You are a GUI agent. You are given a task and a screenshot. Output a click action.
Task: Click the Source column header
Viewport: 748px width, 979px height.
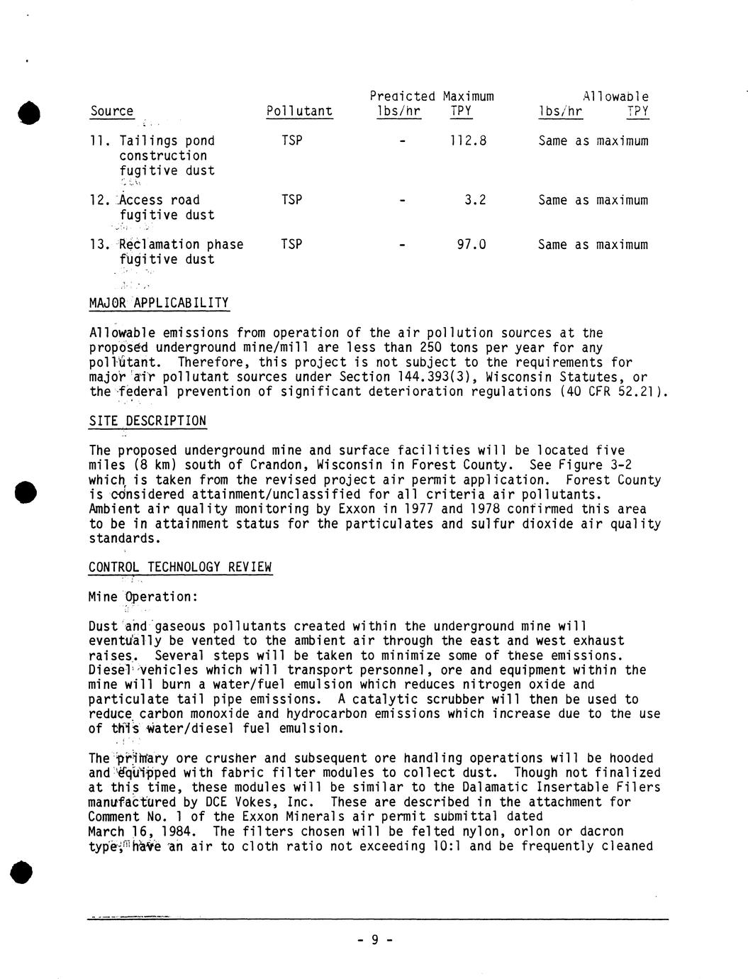click(112, 111)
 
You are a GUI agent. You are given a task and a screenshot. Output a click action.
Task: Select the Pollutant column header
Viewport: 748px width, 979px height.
click(299, 111)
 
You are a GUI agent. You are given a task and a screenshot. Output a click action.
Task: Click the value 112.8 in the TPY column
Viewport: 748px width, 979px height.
click(468, 141)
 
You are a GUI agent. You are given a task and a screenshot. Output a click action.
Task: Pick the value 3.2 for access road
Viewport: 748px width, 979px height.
click(475, 200)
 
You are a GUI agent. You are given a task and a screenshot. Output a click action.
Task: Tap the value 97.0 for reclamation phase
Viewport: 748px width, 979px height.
click(471, 245)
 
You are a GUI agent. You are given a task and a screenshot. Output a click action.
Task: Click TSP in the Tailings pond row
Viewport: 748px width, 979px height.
click(291, 141)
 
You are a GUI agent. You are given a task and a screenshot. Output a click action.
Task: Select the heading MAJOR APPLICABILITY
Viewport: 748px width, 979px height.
click(159, 304)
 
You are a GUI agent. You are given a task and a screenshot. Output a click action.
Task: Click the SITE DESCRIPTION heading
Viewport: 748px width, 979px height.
click(147, 421)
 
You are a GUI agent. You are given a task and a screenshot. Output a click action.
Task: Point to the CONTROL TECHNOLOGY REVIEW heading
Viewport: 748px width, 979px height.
click(180, 568)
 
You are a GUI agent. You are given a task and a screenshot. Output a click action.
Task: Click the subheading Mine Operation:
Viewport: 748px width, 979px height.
click(143, 597)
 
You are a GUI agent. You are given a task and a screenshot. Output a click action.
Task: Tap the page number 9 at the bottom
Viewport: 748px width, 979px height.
click(374, 940)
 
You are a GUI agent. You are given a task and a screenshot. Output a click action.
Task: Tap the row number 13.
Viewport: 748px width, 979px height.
click(98, 245)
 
